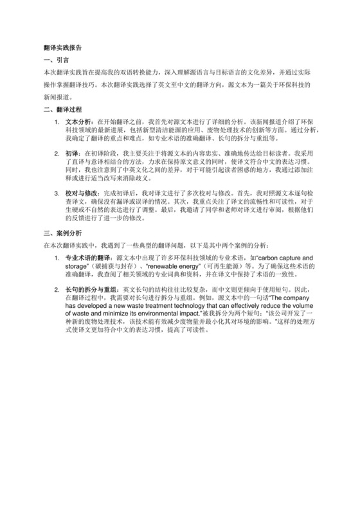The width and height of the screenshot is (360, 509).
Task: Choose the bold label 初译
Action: [x=71, y=154]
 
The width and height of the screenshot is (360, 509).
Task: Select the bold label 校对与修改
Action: [x=81, y=193]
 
